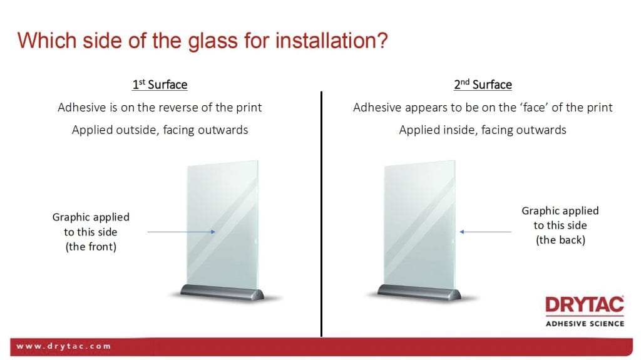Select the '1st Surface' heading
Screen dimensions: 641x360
click(160, 85)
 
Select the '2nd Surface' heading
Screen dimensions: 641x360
click(483, 85)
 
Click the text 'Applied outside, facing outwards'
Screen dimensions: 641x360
click(160, 130)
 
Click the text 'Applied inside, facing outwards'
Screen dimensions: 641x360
click(483, 130)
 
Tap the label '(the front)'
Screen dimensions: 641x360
click(91, 247)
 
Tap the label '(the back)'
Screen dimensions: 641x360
click(560, 240)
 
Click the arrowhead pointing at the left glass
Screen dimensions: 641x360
click(213, 232)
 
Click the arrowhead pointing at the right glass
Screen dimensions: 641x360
click(462, 232)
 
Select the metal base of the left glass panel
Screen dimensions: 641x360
click(222, 292)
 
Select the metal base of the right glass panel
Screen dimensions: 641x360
click(419, 292)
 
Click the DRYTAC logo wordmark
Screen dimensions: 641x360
click(585, 305)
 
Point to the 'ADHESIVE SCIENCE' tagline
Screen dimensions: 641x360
click(585, 324)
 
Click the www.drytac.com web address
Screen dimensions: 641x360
click(63, 346)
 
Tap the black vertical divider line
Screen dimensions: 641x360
click(321, 214)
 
